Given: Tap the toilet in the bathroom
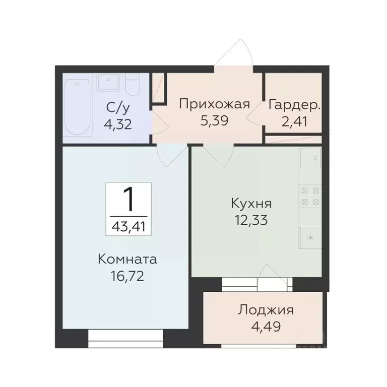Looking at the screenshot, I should click(x=133, y=87).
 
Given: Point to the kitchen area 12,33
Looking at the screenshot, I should click(x=251, y=220).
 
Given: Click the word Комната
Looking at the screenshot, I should click(x=127, y=260).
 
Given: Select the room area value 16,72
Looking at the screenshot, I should click(x=127, y=277).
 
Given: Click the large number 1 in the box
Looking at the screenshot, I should click(x=128, y=199).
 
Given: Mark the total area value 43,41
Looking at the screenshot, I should click(x=128, y=226).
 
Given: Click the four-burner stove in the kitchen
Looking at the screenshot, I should click(x=310, y=197).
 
